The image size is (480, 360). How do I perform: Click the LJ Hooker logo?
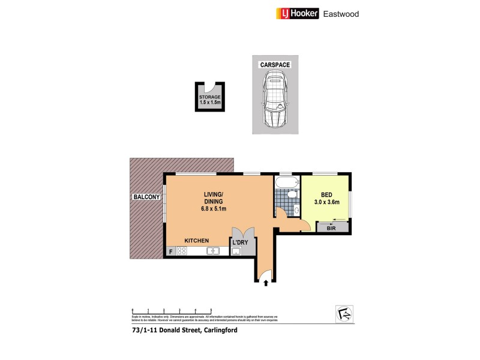[x=298, y=13]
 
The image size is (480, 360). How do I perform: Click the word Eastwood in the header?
[x=341, y=13]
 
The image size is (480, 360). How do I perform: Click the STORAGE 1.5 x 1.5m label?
[x=210, y=100]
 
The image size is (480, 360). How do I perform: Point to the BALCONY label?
[x=146, y=197]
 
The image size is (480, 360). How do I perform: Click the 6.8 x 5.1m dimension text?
[x=214, y=209]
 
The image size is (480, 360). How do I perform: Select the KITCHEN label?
[x=196, y=240]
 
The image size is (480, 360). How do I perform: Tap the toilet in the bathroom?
[x=292, y=194]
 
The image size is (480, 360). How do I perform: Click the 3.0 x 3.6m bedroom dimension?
[x=326, y=202]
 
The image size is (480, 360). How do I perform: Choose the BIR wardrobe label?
[x=332, y=229]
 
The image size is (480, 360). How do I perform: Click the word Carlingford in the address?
[x=211, y=329]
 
